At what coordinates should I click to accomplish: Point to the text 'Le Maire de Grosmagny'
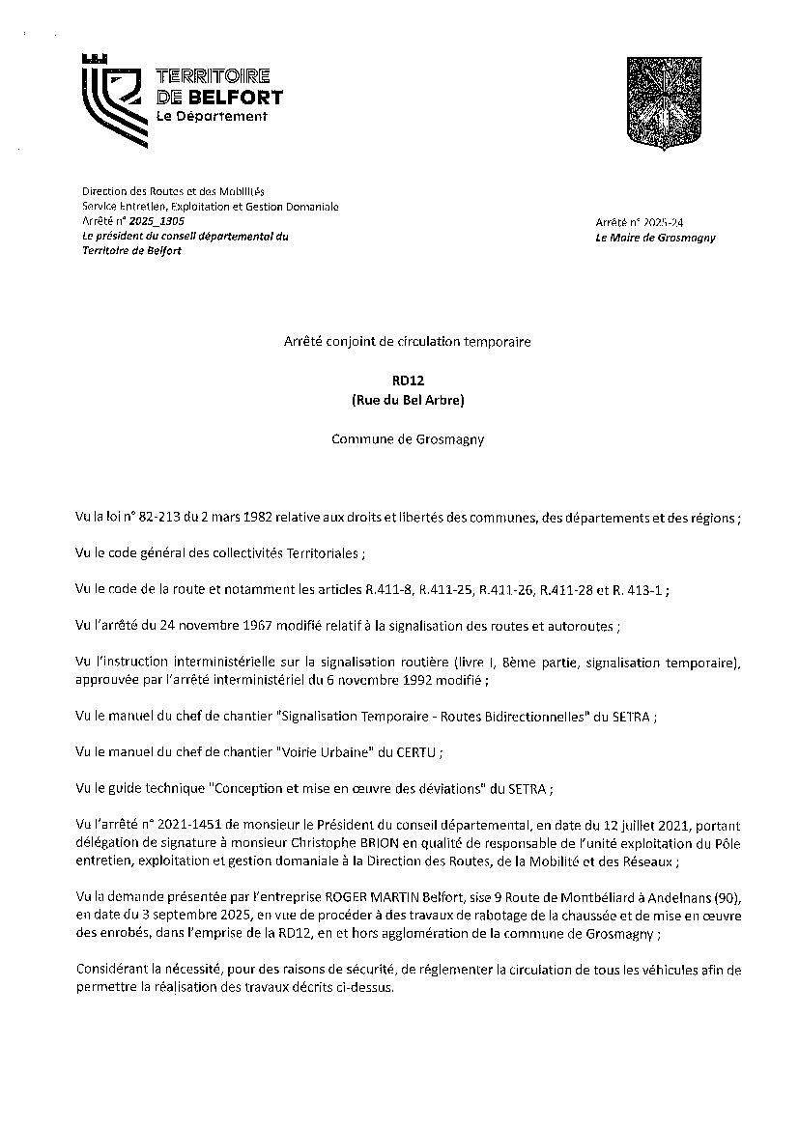tap(656, 238)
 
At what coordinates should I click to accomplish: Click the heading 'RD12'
tap(399, 381)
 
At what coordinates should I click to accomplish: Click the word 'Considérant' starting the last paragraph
tap(108, 970)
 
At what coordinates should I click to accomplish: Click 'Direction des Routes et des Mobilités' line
tap(173, 192)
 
